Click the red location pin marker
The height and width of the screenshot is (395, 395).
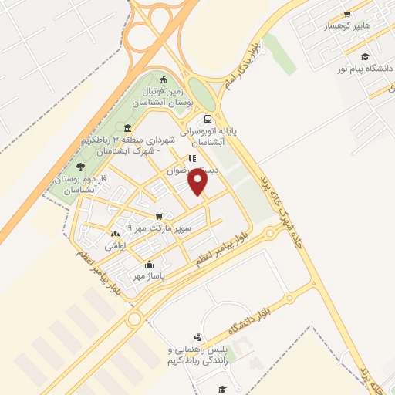pos(199,183)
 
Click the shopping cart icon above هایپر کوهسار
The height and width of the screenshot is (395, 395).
pos(347,14)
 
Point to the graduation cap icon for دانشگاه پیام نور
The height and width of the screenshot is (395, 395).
pos(364,56)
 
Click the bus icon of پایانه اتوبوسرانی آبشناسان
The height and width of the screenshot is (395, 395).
pos(208,120)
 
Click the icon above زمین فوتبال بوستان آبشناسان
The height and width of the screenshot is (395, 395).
pos(162,79)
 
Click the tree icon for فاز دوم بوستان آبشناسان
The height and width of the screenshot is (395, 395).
pos(80,165)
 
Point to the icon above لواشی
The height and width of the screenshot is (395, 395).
pos(115,234)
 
